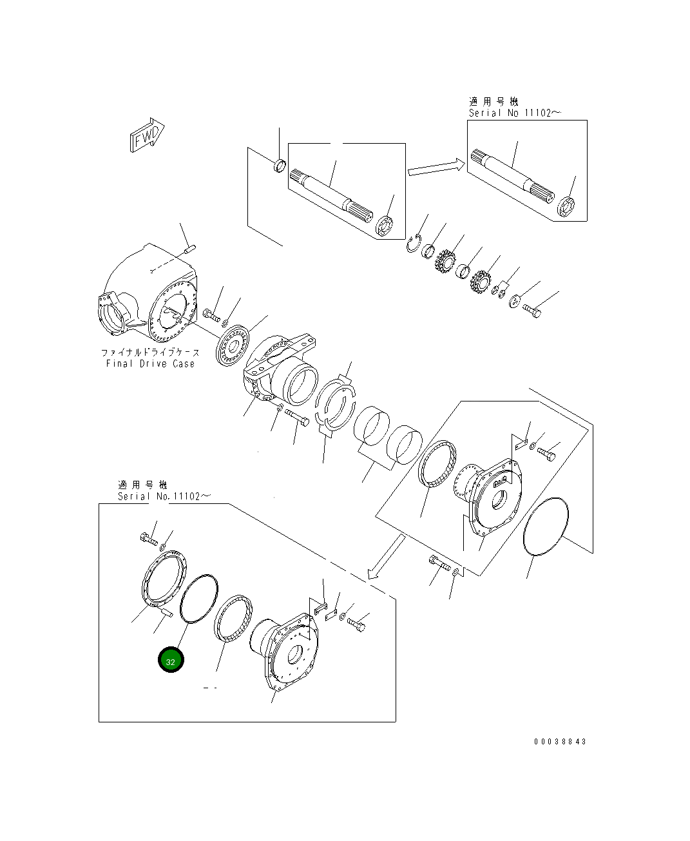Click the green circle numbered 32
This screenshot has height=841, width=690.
click(x=171, y=661)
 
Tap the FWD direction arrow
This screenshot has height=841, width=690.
click(x=147, y=135)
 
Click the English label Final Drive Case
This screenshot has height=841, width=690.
click(x=150, y=363)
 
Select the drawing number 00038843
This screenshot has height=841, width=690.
click(x=560, y=741)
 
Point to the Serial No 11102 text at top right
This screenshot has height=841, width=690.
click(x=514, y=113)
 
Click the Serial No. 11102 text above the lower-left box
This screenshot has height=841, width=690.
click(x=164, y=496)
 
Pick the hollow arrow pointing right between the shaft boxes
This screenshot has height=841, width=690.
click(x=436, y=168)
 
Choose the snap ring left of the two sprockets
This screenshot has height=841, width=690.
click(x=414, y=244)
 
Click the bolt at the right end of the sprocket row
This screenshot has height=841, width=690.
click(x=532, y=311)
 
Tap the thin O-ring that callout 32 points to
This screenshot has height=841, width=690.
click(x=199, y=598)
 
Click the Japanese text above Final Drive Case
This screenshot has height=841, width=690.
click(x=149, y=353)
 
